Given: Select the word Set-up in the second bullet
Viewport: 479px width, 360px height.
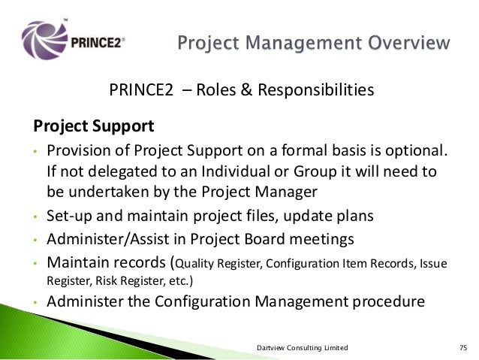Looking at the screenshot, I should pyautogui.click(x=69, y=218).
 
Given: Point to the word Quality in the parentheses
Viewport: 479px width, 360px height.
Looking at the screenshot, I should pyautogui.click(x=195, y=265).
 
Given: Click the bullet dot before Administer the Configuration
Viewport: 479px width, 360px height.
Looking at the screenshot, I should pyautogui.click(x=35, y=304).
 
